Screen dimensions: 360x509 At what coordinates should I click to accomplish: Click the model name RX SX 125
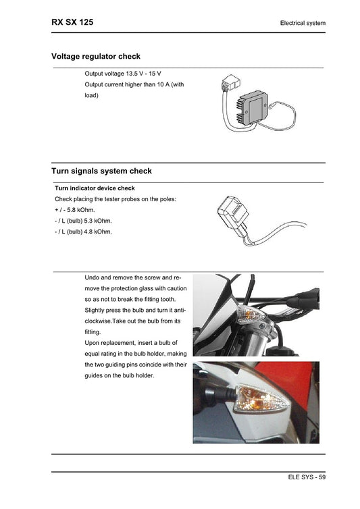coord(72,22)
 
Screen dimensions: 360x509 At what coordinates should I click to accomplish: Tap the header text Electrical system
coord(303,24)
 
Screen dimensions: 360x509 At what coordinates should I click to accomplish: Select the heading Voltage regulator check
coord(96,57)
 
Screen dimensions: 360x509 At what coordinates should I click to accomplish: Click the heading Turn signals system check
coord(101,171)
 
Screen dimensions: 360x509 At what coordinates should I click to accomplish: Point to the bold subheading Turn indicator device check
coord(95,188)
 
